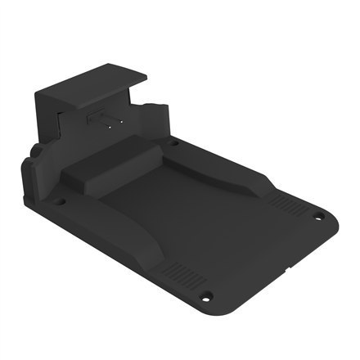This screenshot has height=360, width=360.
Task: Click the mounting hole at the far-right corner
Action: pos(320,216)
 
